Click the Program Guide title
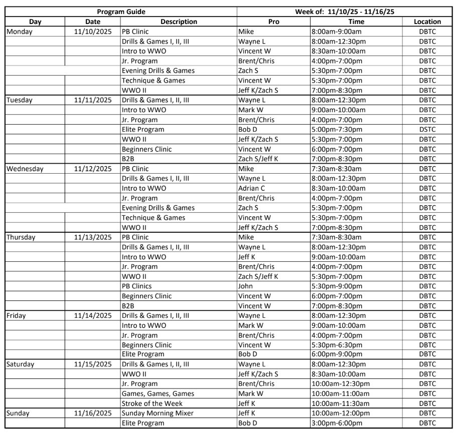pos(120,12)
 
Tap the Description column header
pos(179,22)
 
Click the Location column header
pos(427,22)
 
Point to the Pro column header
pos(274,22)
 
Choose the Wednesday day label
pos(25,169)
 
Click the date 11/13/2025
pos(93,237)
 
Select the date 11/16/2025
pos(93,413)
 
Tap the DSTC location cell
pos(427,130)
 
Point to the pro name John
pos(246,286)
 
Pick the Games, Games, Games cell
pos(158,394)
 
